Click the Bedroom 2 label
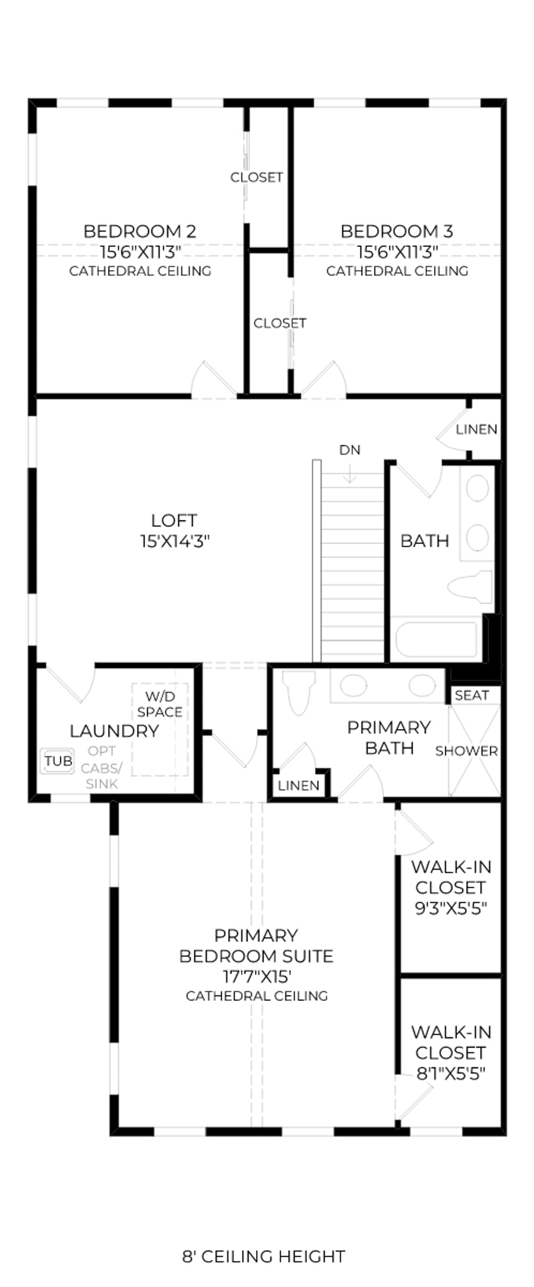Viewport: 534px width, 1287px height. [140, 231]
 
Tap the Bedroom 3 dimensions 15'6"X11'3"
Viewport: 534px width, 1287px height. [397, 252]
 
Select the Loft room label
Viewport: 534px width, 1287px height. [174, 521]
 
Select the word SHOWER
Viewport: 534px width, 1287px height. [467, 751]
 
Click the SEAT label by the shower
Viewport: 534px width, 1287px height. [472, 695]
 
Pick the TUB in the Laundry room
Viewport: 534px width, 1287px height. [58, 761]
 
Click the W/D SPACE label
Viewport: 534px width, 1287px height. [160, 704]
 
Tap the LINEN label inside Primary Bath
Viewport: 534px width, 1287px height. [298, 786]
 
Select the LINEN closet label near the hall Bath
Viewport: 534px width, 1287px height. [477, 429]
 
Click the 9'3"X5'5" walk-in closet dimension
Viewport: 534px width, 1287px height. [451, 908]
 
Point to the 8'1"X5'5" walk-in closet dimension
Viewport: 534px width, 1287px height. [451, 1074]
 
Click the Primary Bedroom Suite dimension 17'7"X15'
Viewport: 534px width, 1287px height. [257, 976]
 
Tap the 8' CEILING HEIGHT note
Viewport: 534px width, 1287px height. [264, 1256]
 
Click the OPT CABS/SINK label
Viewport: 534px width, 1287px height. [102, 767]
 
